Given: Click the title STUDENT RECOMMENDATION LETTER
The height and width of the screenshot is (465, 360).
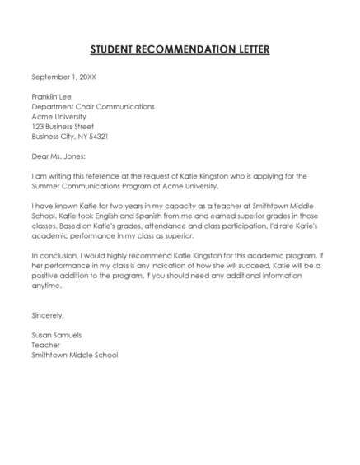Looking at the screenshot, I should coord(180,49).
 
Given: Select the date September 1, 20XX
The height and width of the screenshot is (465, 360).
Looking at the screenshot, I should coord(64,77).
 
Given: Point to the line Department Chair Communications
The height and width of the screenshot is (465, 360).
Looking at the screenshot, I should coord(92,107).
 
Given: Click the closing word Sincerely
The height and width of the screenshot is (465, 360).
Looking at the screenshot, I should coord(48,315).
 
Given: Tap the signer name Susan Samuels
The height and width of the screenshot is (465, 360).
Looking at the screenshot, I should coord(57,335).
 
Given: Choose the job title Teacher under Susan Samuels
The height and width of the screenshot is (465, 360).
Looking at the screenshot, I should coord(45,345).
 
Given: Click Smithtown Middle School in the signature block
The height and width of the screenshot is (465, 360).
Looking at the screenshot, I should coord(75,355).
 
